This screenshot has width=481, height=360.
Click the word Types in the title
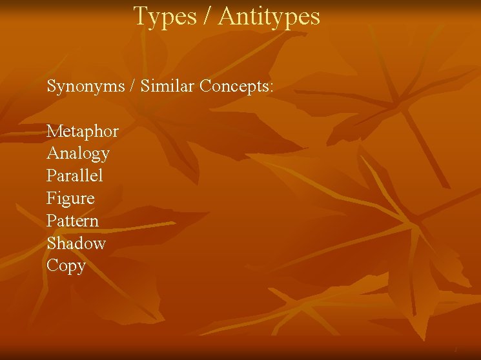tap(165, 17)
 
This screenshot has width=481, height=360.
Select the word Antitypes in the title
tap(269, 17)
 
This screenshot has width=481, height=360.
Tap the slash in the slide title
tap(207, 17)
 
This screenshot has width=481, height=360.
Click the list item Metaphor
tap(83, 132)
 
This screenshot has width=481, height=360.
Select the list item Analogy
tap(78, 154)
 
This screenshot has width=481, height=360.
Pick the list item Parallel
tap(75, 175)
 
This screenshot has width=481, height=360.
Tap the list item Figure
tap(70, 198)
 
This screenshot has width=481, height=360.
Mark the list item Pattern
tap(73, 221)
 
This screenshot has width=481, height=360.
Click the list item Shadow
tap(76, 243)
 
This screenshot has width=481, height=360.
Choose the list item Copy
tap(66, 266)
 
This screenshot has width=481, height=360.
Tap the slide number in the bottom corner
tap(455, 349)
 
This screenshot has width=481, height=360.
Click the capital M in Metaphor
tap(54, 132)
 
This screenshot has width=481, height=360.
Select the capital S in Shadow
tap(51, 243)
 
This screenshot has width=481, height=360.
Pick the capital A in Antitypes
tap(226, 17)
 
